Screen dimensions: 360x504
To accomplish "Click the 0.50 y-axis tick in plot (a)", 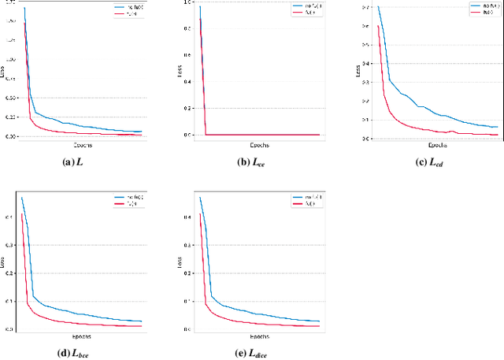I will [10, 98].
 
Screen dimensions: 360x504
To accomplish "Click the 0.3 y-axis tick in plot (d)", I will [11, 245].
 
